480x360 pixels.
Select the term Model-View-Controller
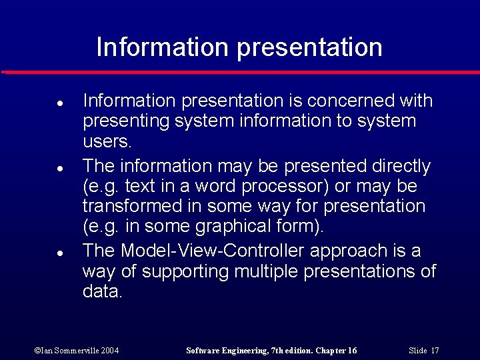coord(213,251)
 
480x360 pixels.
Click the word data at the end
coord(102,292)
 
